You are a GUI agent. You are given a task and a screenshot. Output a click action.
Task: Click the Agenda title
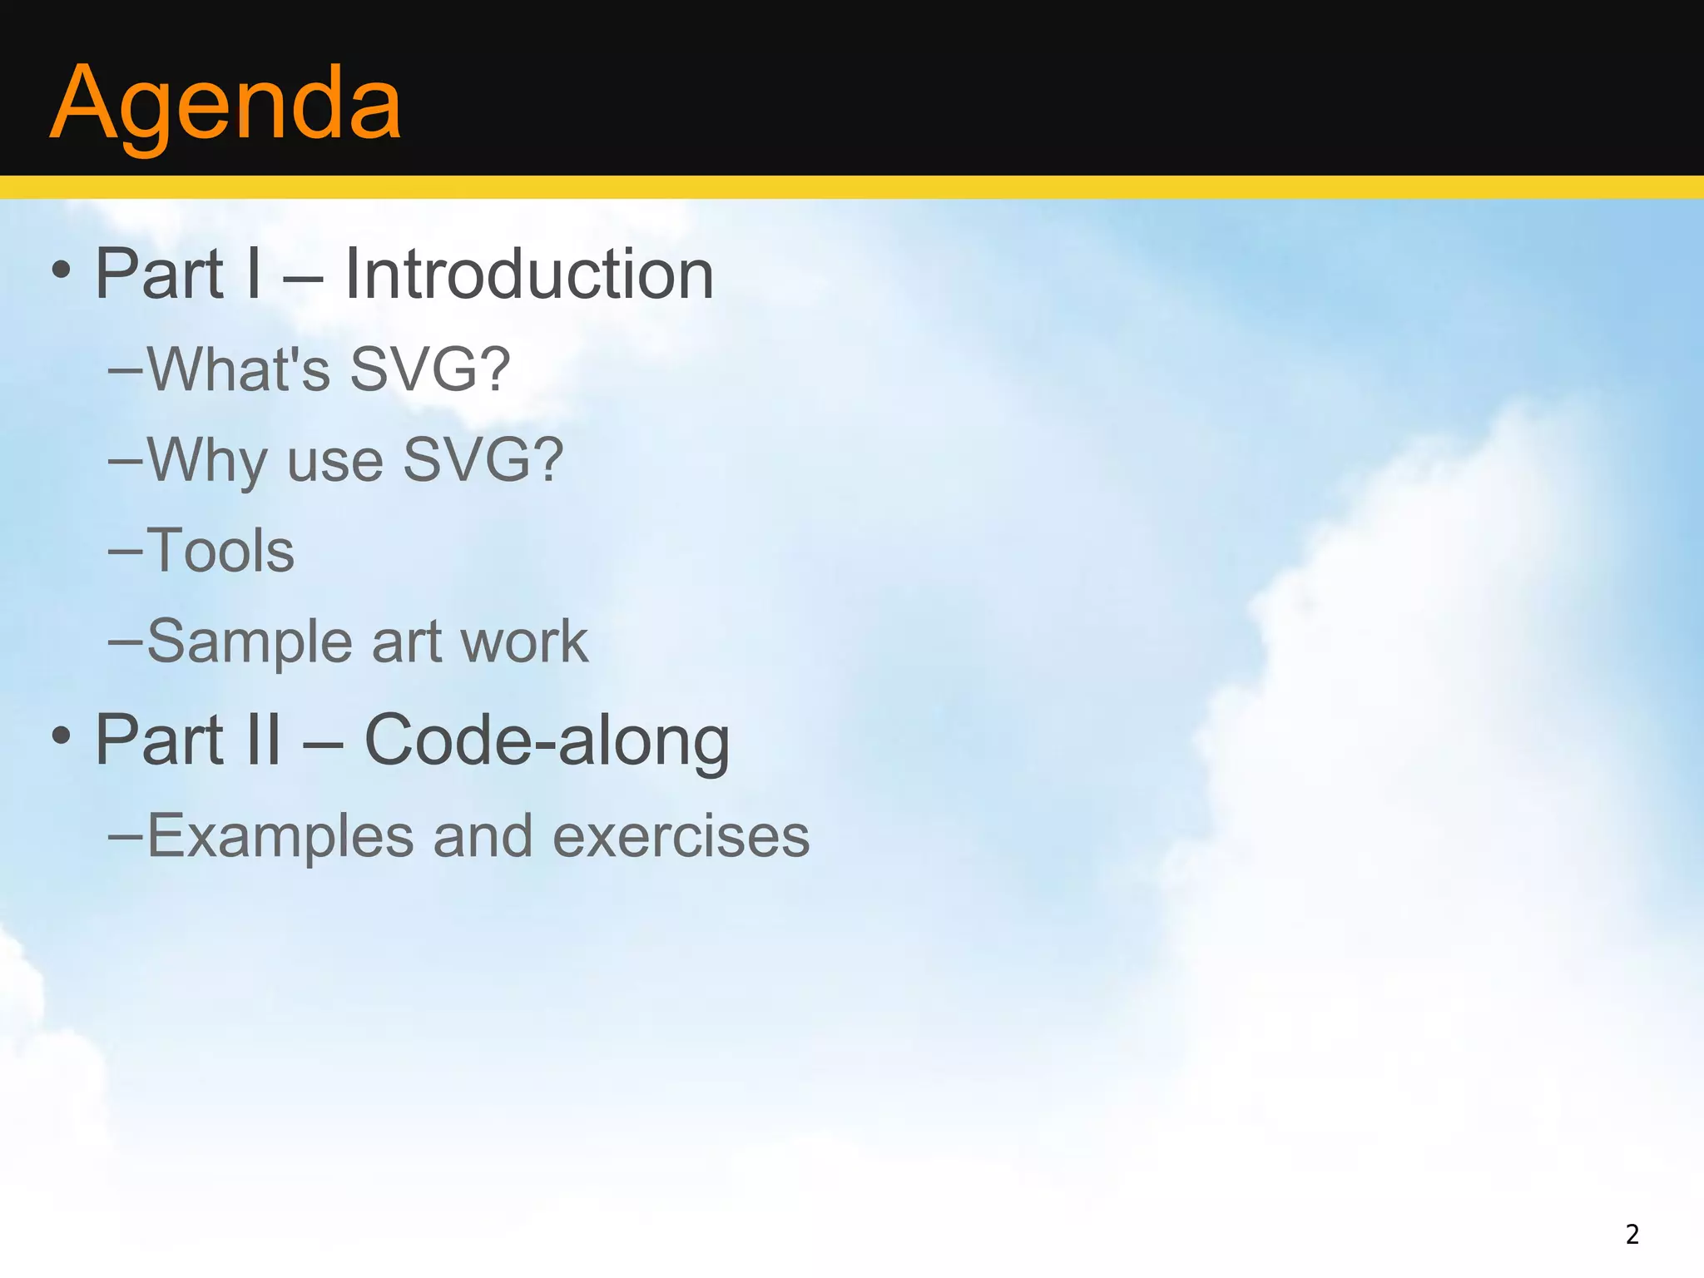click(225, 104)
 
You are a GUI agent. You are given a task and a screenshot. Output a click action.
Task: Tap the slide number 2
click(1632, 1234)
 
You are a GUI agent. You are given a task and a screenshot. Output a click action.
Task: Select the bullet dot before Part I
click(61, 270)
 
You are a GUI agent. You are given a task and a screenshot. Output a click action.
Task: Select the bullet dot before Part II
click(61, 735)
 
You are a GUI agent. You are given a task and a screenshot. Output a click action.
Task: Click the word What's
click(239, 369)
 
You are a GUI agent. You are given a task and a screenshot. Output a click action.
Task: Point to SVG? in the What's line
click(429, 369)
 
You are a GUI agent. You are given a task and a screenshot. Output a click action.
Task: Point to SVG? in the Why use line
click(483, 459)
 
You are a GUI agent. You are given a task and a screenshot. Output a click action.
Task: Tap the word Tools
click(220, 551)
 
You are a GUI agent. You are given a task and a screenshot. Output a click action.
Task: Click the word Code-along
click(547, 740)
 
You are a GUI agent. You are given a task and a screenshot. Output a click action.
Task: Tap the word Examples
click(280, 836)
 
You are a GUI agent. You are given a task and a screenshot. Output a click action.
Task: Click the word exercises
click(681, 836)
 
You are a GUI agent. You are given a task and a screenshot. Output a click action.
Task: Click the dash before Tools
click(124, 551)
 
